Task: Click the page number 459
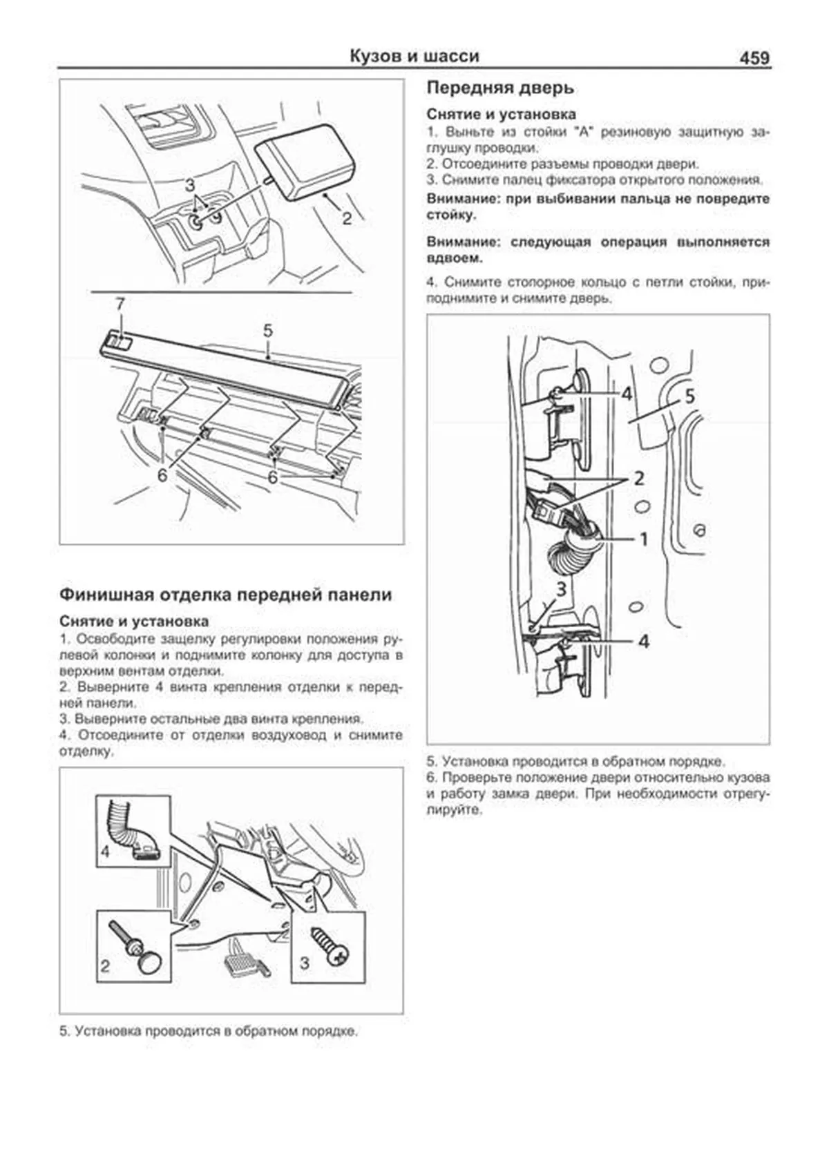[754, 57]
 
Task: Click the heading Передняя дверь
[499, 88]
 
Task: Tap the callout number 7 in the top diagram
[120, 304]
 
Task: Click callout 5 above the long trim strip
[268, 332]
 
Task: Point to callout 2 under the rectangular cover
[346, 219]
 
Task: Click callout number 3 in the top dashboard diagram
[189, 185]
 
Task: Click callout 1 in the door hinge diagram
[643, 538]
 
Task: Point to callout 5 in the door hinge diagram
[689, 396]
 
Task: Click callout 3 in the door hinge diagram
[561, 589]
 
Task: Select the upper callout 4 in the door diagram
[626, 394]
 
